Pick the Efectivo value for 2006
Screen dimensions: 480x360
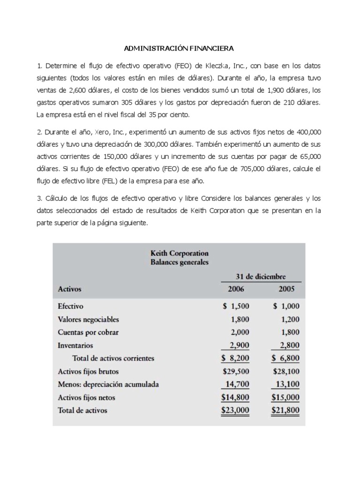pos(237,307)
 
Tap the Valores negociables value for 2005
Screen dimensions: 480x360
pos(287,320)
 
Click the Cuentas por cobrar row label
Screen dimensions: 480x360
pos(88,332)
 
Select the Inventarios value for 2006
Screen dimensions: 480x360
pos(239,345)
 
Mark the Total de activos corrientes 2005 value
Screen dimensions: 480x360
pos(285,359)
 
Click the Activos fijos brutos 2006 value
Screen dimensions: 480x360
pos(236,371)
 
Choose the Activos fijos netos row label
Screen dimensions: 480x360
pos(86,397)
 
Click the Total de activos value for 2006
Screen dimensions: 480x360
pos(236,410)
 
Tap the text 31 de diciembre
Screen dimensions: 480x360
pos(260,277)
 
